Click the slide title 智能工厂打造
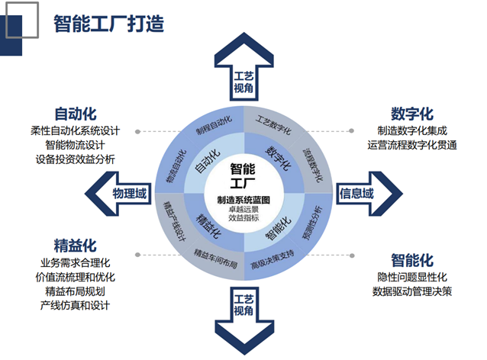click(x=108, y=22)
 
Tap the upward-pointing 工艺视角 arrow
click(x=243, y=73)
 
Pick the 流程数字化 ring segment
click(x=313, y=152)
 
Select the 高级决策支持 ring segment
click(x=273, y=255)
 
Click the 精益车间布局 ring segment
click(x=215, y=254)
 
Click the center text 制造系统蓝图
click(x=243, y=200)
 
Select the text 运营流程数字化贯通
click(x=411, y=145)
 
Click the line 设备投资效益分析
click(x=75, y=160)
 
